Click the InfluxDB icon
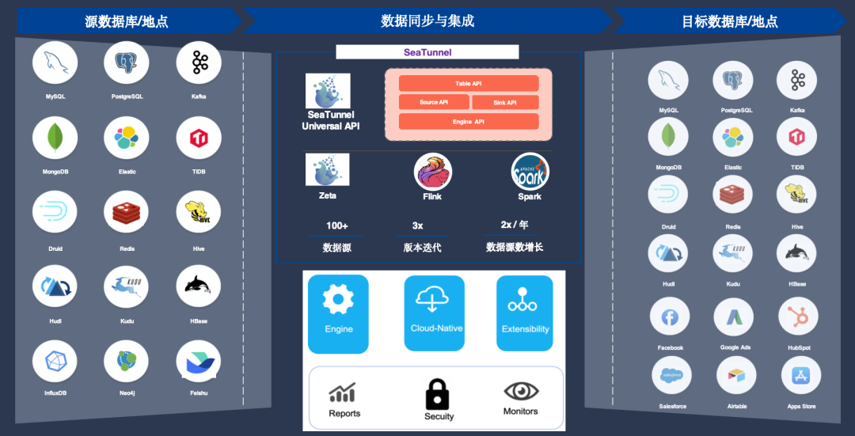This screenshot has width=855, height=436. coord(55,361)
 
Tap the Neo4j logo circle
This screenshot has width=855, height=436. coord(127,361)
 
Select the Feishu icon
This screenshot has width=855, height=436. coord(199,361)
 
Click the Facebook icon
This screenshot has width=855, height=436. coord(670,317)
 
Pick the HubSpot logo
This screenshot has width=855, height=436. coord(798,317)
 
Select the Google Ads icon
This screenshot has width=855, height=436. coord(734,317)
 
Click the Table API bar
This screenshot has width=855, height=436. coord(469,83)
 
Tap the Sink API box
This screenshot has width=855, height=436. coord(505,102)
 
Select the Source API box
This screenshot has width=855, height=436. coord(434,102)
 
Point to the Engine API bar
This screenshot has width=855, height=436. coord(469,122)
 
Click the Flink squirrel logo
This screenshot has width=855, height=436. coord(433,172)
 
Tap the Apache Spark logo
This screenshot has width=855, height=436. coord(530,172)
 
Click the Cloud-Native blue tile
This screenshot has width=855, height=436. coord(434,313)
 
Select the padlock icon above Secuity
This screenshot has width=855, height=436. coord(437,393)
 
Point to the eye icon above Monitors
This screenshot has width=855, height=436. coord(521,391)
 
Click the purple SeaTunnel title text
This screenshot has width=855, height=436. coord(427,52)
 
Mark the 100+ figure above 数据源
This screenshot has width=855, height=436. coord(336,226)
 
